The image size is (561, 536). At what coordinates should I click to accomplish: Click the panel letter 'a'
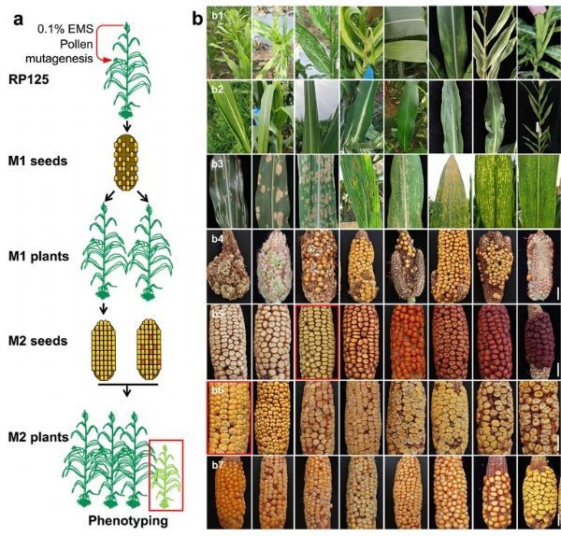18,20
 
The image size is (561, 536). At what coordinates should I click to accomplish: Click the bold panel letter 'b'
197,18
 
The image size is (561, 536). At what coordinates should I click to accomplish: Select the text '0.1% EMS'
65,29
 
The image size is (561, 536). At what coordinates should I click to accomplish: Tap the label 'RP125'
29,79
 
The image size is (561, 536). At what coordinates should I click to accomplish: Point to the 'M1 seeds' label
38,162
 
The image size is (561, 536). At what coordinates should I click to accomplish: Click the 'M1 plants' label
38,256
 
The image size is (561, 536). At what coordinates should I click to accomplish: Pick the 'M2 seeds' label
38,341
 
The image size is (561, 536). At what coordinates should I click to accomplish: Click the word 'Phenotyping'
128,521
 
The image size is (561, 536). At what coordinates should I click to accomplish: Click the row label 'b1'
217,17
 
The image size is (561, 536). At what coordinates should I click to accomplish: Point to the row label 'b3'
217,164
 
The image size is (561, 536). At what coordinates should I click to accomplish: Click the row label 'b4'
217,238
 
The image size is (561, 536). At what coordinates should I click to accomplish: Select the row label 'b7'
217,465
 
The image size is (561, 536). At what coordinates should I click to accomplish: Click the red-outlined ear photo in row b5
317,342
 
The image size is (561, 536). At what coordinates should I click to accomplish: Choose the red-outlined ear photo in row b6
229,417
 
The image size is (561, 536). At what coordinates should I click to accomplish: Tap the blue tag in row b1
368,73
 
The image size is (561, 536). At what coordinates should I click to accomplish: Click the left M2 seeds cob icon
104,349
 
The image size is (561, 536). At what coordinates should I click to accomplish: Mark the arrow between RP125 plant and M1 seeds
127,126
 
